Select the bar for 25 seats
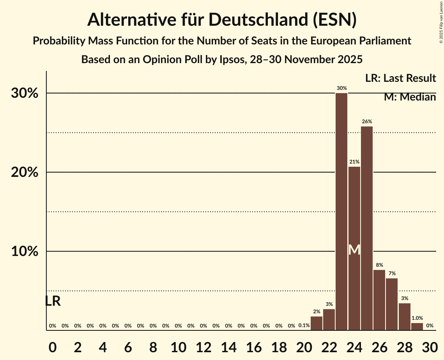coord(367,228)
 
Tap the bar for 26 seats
coord(379,300)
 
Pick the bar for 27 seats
coord(392,304)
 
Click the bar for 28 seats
coord(405,317)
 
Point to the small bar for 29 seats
coord(417,326)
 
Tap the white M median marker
coord(354,250)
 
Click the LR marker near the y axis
coord(53,301)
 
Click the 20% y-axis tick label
coord(25,172)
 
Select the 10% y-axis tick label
coord(25,252)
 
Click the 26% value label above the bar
coord(367,122)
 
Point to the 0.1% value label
coord(304,325)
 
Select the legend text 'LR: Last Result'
coord(400,78)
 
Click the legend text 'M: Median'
coord(410,97)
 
